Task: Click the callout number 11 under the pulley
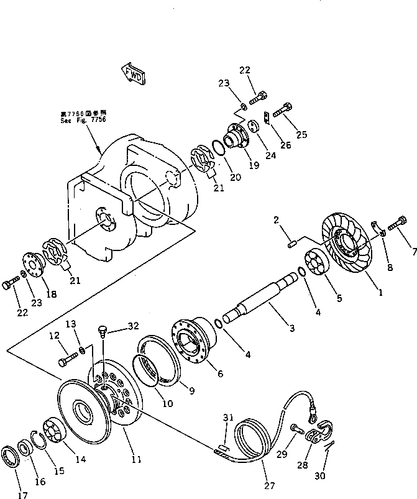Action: (x=136, y=459)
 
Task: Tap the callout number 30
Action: (x=319, y=476)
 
